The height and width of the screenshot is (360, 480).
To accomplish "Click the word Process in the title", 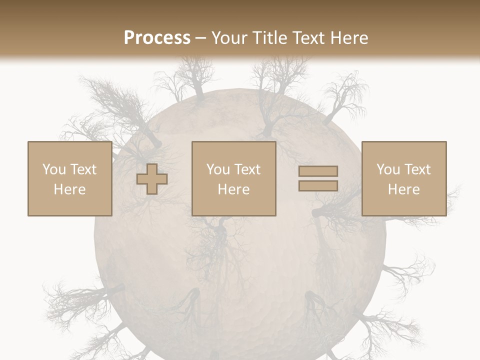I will pyautogui.click(x=157, y=37).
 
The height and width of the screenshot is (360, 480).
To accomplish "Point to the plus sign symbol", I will pyautogui.click(x=152, y=179).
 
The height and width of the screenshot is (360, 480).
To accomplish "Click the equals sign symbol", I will pyautogui.click(x=318, y=178).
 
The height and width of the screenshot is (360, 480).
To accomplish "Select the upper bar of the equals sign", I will pyautogui.click(x=318, y=171).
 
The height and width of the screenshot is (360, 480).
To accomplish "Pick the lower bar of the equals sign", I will pyautogui.click(x=318, y=185).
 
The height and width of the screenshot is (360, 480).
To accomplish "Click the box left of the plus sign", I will pyautogui.click(x=69, y=178).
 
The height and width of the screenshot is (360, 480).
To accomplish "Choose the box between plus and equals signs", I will pyautogui.click(x=233, y=178).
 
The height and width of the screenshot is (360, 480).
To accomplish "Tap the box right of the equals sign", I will pyautogui.click(x=403, y=178).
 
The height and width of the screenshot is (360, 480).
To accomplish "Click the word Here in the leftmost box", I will pyautogui.click(x=69, y=189).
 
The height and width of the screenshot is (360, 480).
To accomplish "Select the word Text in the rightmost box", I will pyautogui.click(x=417, y=169).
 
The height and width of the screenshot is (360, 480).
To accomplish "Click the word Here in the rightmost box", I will pyautogui.click(x=403, y=189).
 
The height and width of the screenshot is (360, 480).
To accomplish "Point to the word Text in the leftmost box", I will pyautogui.click(x=83, y=169).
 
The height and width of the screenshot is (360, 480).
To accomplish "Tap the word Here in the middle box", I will pyautogui.click(x=233, y=189).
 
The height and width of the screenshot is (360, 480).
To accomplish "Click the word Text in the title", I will pyautogui.click(x=307, y=37).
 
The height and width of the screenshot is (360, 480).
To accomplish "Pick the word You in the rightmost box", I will pyautogui.click(x=388, y=169).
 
